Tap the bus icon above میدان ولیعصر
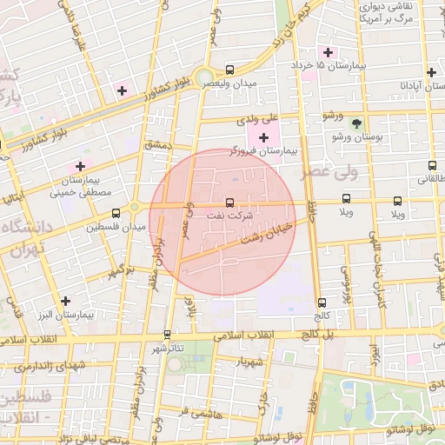[229, 70]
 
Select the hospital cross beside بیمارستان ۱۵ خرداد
[327, 50]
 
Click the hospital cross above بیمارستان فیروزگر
[264, 137]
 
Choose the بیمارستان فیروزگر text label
[263, 151]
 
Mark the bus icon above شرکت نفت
[229, 202]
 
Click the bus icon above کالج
[322, 302]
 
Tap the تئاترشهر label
[167, 347]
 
